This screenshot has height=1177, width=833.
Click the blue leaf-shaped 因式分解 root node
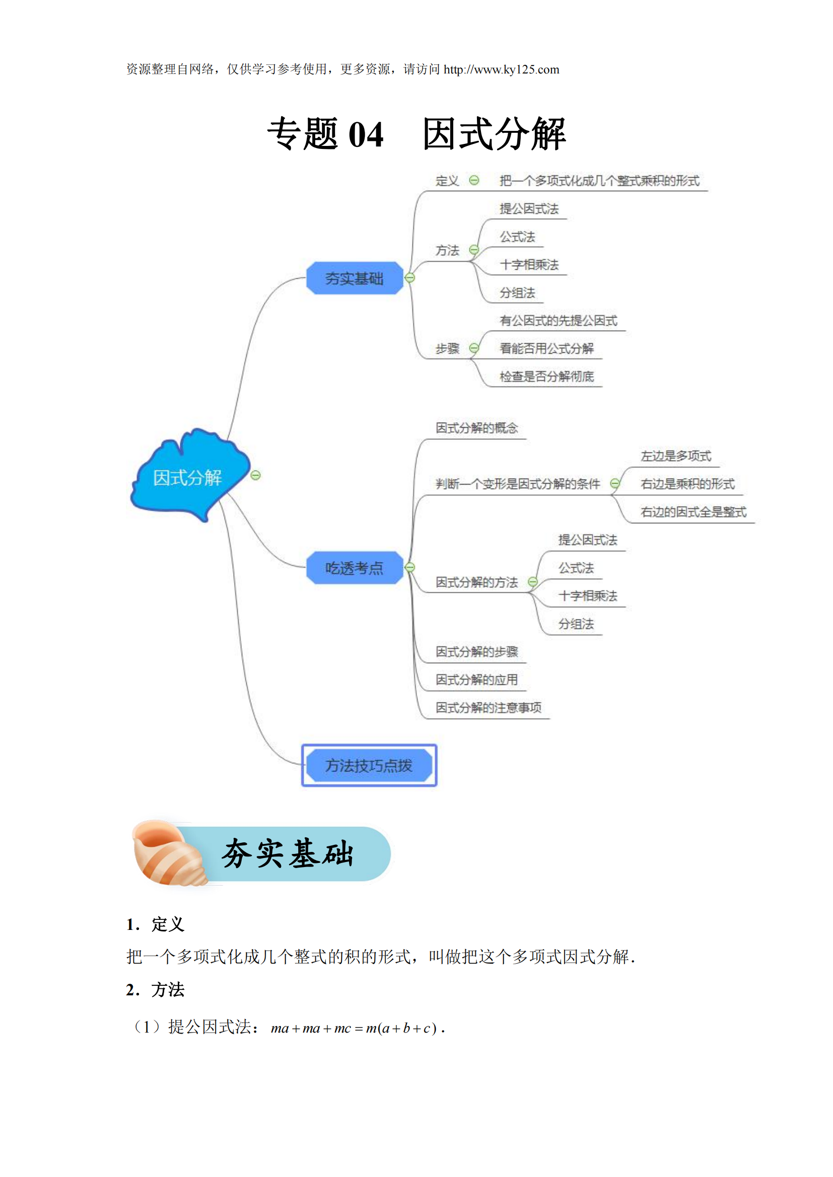[187, 477]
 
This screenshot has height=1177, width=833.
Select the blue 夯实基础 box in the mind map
[355, 278]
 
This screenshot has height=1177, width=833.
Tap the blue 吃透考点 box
[355, 568]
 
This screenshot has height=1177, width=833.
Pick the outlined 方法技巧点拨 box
[369, 765]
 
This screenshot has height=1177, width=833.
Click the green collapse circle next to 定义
[474, 180]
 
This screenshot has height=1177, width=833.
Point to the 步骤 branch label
[447, 349]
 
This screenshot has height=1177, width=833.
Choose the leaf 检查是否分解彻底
[547, 377]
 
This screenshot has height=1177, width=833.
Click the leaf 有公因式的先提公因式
[559, 321]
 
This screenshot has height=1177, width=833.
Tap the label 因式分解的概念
[476, 428]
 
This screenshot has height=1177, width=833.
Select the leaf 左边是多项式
[675, 456]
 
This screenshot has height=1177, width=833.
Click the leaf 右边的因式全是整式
[693, 512]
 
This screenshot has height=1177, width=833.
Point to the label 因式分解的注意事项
[489, 708]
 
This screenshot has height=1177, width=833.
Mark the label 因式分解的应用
[476, 680]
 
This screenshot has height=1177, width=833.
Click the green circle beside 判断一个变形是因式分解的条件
[615, 484]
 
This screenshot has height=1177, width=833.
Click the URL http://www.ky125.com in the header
[501, 70]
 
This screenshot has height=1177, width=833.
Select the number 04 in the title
[366, 135]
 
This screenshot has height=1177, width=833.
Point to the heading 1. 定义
[155, 924]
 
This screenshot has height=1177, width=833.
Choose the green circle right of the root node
[255, 475]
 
